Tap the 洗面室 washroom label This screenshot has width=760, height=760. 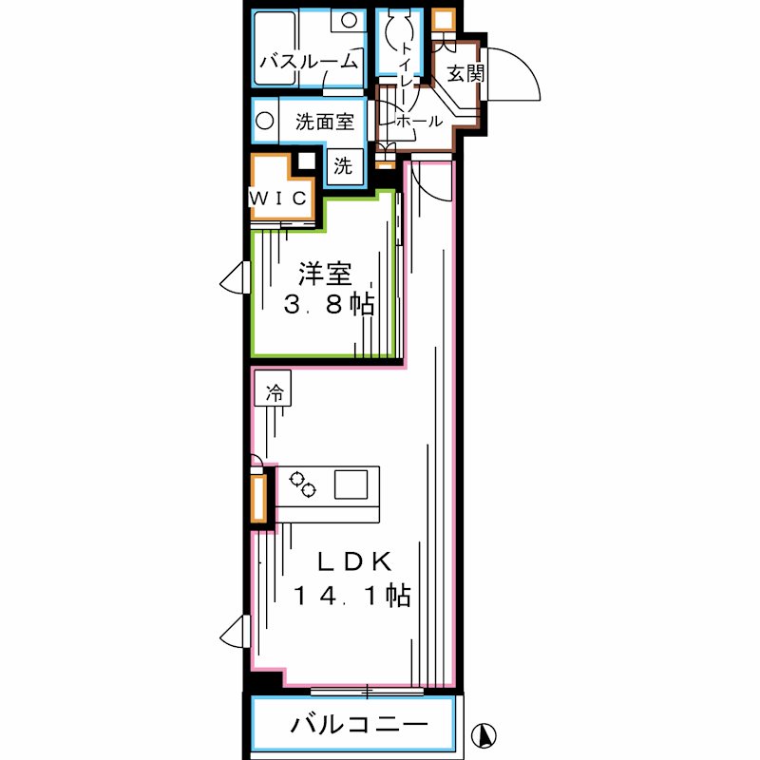[324, 122]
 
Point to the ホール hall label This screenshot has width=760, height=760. [418, 122]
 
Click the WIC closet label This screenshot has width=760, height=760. [278, 198]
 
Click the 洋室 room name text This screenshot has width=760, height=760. [325, 274]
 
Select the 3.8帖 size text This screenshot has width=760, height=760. [329, 305]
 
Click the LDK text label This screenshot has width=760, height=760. [353, 561]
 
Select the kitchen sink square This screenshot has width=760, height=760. [351, 485]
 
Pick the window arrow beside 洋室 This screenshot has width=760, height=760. [232, 279]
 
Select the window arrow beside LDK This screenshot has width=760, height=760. [232, 630]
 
